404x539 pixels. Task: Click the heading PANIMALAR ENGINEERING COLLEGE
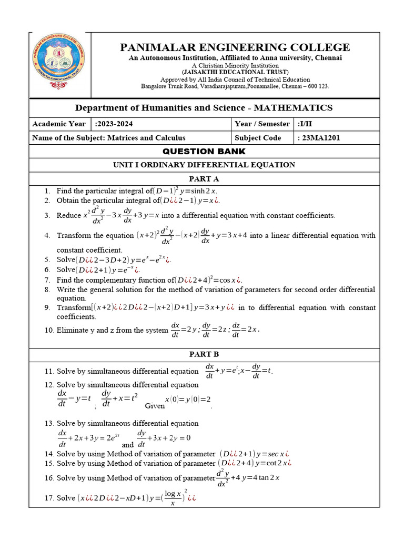tap(235, 47)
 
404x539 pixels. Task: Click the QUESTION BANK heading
tap(204, 152)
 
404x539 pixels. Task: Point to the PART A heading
tap(204, 179)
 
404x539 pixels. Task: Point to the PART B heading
tap(204, 354)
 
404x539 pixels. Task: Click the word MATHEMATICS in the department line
tap(293, 108)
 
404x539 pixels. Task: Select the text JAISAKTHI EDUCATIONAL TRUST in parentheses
tap(235, 72)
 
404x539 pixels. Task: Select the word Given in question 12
tap(155, 406)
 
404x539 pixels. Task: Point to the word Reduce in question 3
tap(68, 215)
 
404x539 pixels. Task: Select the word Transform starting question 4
tap(74, 236)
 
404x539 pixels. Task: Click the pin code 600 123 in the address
tap(317, 86)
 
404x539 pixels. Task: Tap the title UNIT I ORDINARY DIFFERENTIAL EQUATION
tap(204, 165)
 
